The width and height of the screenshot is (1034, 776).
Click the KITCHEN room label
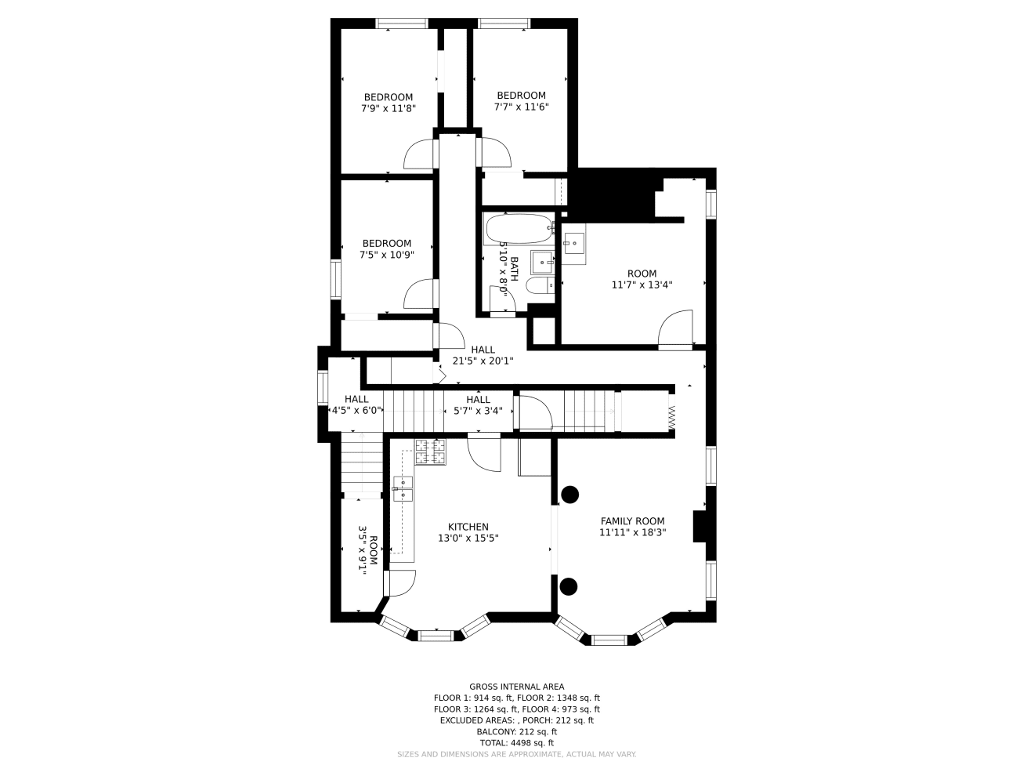468,527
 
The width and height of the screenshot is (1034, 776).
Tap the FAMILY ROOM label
632,521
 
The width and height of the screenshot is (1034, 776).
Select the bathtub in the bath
519,230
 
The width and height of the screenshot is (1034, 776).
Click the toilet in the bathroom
539,286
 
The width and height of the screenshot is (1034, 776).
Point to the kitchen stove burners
430,452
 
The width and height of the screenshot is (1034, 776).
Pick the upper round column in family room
569,495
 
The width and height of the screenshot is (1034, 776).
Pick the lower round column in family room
569,586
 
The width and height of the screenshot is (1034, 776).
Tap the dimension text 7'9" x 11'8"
388,109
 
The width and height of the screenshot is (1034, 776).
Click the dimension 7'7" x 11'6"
521,107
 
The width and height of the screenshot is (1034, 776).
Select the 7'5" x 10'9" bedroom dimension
386,255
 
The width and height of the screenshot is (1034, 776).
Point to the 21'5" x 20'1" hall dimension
483,361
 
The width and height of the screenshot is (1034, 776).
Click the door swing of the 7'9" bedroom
418,155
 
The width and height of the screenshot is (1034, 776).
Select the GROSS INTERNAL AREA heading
516,687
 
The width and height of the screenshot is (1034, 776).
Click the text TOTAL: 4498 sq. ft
516,742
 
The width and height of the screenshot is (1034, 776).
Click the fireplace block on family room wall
700,526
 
